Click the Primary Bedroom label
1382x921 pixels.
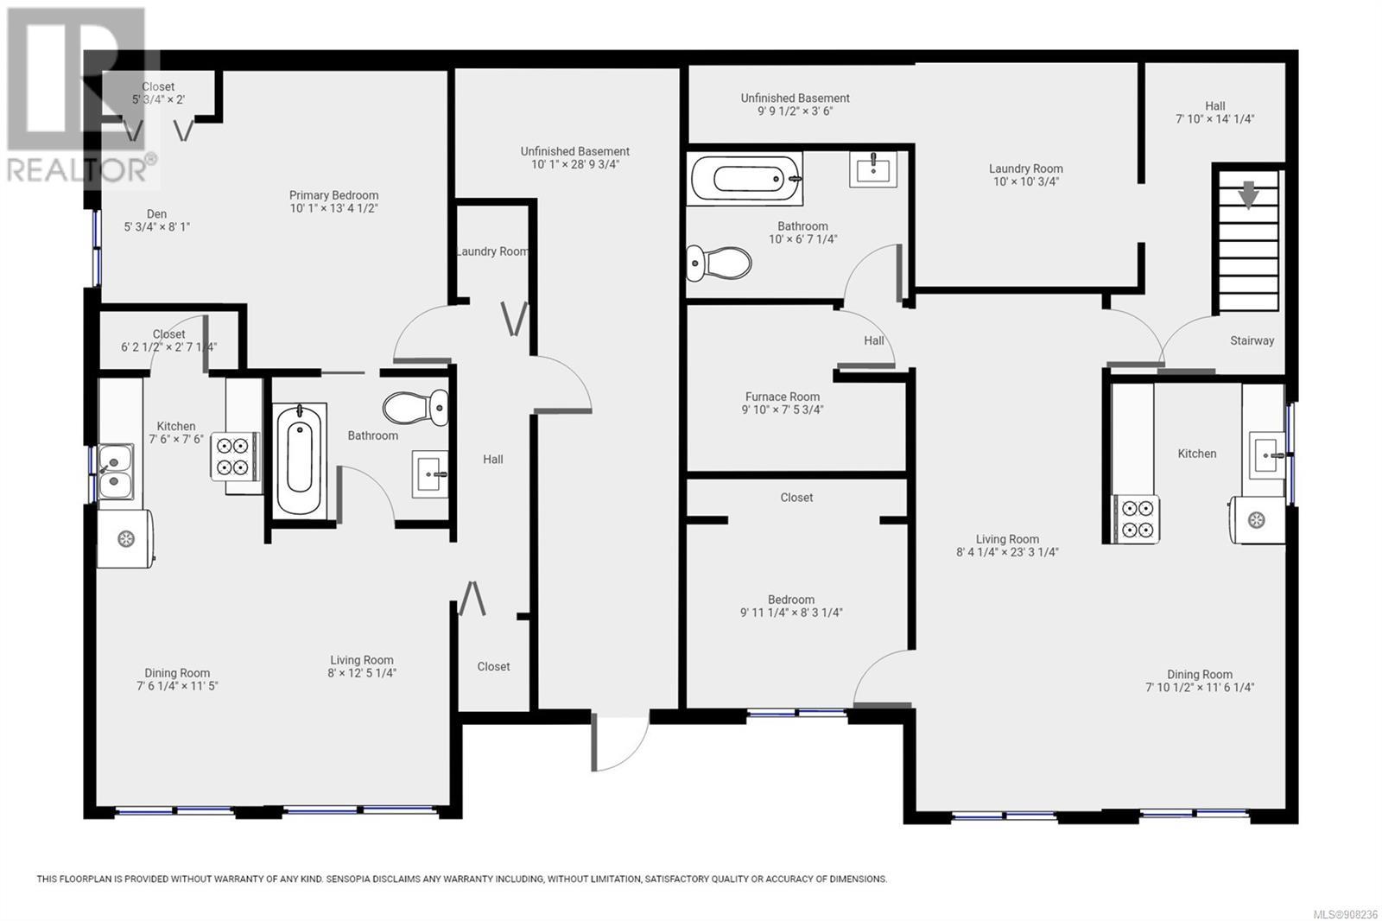[333, 195]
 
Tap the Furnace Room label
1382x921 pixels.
[783, 397]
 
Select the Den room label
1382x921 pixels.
[156, 213]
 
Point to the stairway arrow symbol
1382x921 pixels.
[1249, 194]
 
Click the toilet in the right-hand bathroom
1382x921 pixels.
[719, 264]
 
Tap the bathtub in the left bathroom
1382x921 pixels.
[299, 460]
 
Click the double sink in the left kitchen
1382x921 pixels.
[116, 472]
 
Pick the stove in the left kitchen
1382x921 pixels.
[234, 456]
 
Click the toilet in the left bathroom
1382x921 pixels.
[415, 408]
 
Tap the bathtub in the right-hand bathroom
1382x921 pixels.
[746, 179]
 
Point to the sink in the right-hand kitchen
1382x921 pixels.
[1267, 455]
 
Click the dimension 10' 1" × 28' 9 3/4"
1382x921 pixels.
[575, 165]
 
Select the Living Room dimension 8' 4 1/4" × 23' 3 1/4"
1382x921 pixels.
[1007, 552]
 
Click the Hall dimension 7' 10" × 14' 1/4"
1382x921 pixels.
[1214, 119]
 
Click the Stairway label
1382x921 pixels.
[1252, 340]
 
